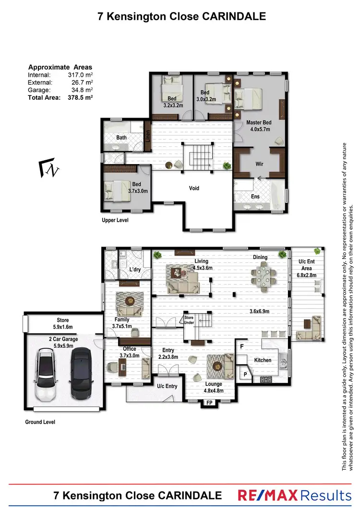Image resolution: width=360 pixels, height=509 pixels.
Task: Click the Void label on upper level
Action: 194,188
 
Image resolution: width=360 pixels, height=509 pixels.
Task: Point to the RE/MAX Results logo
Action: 295,495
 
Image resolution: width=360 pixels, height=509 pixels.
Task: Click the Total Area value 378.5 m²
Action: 81,97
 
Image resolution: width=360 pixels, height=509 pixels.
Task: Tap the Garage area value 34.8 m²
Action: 81,90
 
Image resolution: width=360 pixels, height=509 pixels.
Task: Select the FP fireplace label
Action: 209,403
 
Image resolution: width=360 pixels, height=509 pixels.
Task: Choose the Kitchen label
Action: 263,360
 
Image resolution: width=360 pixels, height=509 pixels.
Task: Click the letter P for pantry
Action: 245,374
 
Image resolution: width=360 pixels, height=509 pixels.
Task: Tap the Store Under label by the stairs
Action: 189,320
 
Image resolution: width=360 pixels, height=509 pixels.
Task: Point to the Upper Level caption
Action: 115,220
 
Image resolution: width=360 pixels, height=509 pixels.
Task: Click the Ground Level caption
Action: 40,422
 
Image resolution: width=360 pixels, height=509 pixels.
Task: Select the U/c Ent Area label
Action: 307,265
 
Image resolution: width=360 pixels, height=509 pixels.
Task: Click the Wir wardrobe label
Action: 259,164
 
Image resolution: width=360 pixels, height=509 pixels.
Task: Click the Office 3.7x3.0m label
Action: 129,352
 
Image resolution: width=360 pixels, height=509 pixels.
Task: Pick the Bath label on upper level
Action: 121,138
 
